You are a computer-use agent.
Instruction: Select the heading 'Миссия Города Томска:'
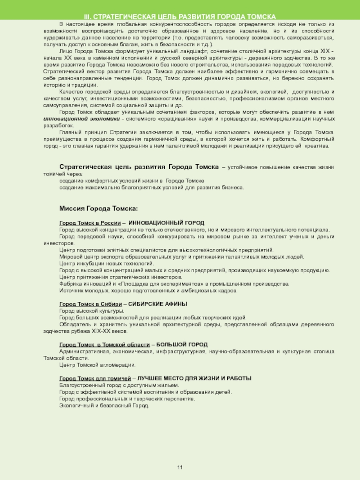(x=99, y=209)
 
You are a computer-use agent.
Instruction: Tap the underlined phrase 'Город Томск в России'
(x=90, y=223)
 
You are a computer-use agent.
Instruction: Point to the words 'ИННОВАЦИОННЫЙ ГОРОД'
(x=166, y=223)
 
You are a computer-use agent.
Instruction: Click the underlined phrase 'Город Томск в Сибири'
(x=90, y=304)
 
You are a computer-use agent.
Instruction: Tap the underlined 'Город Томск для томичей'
(x=95, y=378)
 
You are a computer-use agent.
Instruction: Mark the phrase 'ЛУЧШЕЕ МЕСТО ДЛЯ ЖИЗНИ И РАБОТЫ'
(x=194, y=378)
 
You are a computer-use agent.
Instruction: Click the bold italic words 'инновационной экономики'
(x=81, y=119)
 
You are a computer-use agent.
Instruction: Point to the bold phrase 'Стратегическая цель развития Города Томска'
(x=139, y=167)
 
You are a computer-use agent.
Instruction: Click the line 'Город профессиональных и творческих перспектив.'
(x=127, y=399)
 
